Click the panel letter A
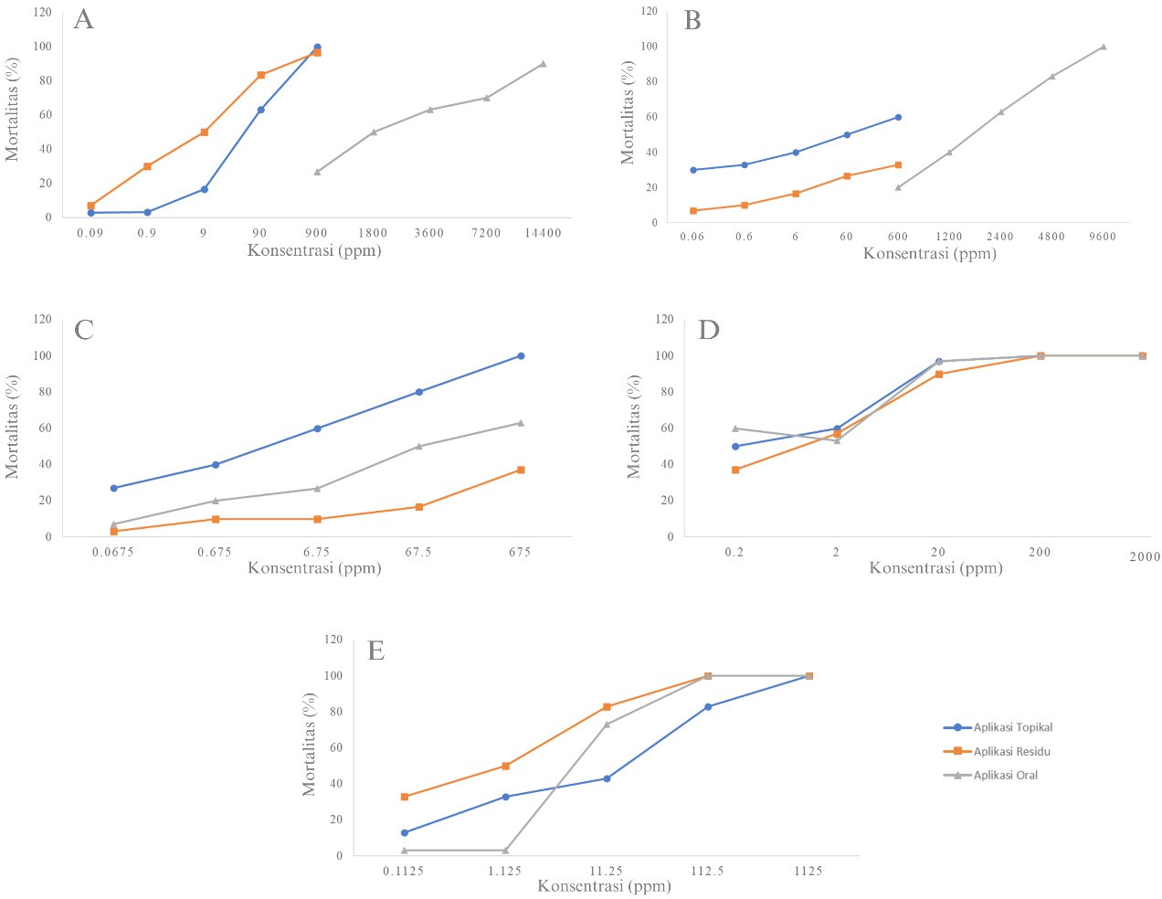(83, 19)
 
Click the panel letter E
(375, 650)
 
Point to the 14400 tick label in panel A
(543, 233)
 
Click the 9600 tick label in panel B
(1103, 237)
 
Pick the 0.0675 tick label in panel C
(114, 552)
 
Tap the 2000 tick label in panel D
(1144, 556)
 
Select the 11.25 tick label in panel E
(607, 872)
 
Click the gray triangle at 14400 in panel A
(543, 63)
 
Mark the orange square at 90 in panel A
(260, 75)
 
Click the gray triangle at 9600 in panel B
(1103, 47)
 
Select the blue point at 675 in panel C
(521, 355)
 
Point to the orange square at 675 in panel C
(521, 470)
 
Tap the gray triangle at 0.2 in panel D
(735, 428)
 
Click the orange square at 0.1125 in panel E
(405, 797)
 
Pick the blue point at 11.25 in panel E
(607, 778)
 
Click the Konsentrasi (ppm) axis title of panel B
(929, 253)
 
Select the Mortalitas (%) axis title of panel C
(13, 427)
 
